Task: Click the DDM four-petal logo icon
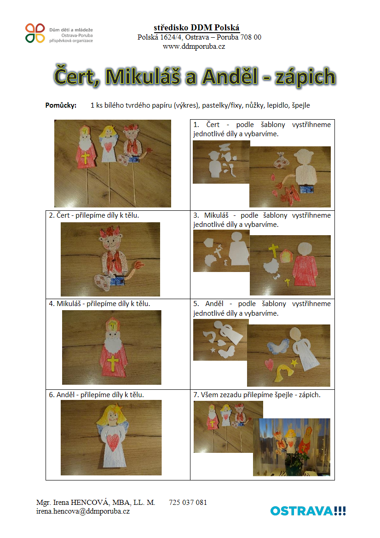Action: [x=35, y=33]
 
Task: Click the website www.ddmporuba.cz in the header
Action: [x=194, y=46]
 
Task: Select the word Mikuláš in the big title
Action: [x=143, y=76]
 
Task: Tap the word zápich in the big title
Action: [x=305, y=77]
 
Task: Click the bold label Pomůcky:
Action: [x=61, y=105]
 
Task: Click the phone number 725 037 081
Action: [x=188, y=502]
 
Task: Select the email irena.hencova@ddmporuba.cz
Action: [x=83, y=511]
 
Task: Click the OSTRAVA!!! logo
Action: [x=308, y=511]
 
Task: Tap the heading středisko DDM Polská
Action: [x=196, y=28]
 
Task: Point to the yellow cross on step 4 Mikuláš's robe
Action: [x=113, y=363]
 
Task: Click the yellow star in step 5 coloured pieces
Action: [x=294, y=362]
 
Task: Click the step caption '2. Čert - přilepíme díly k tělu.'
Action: [x=94, y=215]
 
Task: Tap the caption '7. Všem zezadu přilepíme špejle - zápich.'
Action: [x=257, y=395]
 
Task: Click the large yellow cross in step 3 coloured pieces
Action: [x=274, y=250]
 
